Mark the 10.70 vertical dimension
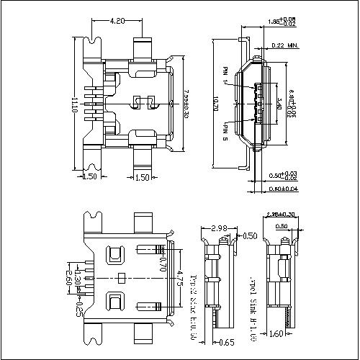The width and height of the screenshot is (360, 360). coord(216,107)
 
